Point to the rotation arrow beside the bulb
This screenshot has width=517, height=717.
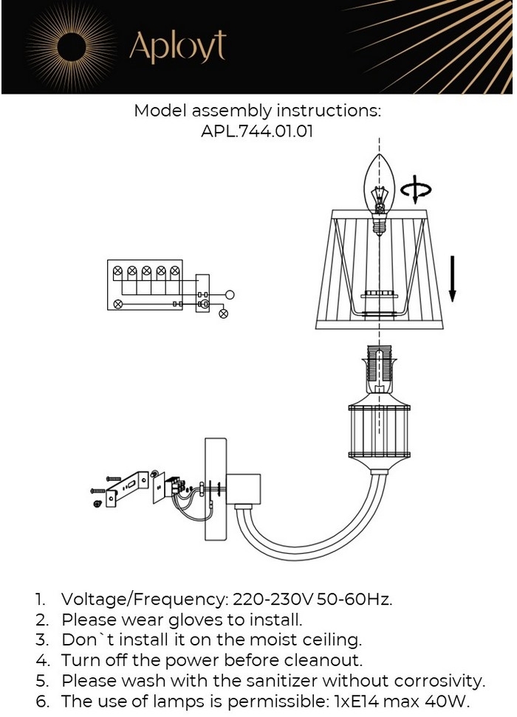(x=416, y=190)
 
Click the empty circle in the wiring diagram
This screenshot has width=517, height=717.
(x=230, y=295)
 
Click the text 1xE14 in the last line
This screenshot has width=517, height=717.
(x=360, y=701)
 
